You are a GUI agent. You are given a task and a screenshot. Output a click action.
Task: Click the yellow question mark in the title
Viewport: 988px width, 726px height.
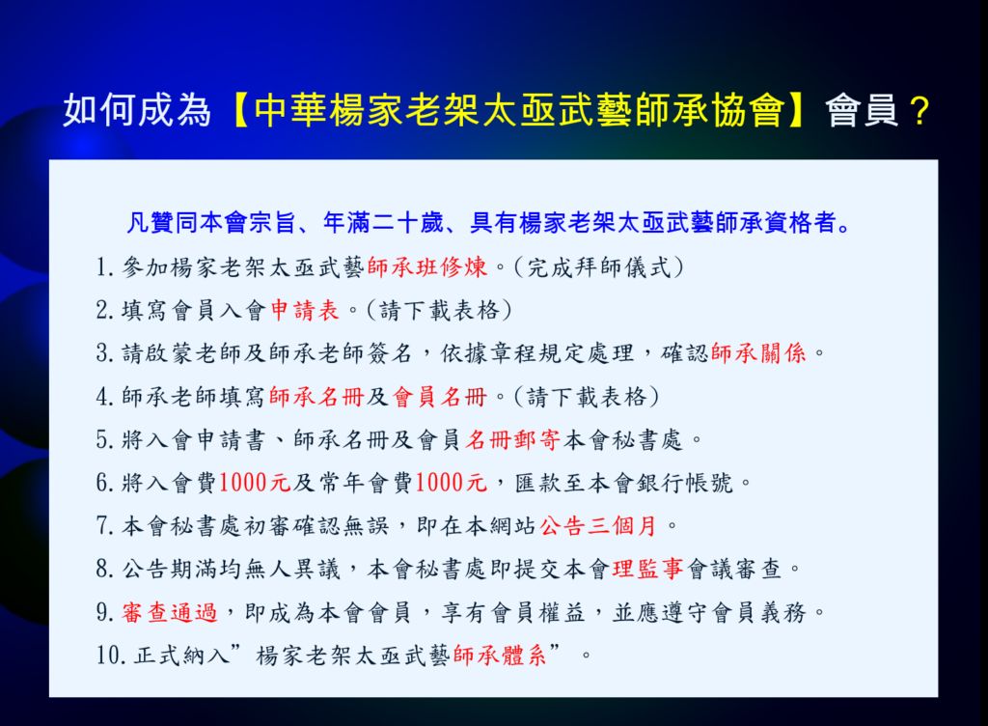(x=919, y=111)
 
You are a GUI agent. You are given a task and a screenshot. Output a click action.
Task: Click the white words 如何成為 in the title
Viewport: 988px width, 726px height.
(x=137, y=110)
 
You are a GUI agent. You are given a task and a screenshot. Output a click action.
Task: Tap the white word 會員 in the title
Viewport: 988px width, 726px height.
(x=862, y=110)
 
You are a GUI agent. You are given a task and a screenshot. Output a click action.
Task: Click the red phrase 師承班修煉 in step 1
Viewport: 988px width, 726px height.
(x=427, y=267)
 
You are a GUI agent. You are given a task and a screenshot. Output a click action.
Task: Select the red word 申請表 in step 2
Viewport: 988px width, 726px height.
(x=305, y=310)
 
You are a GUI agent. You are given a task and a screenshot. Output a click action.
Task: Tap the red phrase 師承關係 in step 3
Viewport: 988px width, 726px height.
(x=758, y=353)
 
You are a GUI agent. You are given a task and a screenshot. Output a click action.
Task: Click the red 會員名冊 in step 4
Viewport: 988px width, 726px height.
(x=440, y=397)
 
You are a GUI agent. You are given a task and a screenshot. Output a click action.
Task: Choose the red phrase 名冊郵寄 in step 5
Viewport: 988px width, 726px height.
(x=513, y=440)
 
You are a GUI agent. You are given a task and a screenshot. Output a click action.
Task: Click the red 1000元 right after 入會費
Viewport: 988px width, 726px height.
(x=255, y=483)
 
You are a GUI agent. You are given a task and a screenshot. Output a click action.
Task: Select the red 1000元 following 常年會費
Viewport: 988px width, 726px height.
(x=452, y=483)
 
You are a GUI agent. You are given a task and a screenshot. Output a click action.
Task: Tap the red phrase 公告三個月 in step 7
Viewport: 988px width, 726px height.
(x=598, y=525)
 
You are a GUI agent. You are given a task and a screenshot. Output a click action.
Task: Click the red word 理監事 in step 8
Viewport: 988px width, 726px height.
(x=647, y=569)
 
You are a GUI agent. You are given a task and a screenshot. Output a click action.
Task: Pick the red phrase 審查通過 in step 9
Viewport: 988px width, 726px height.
(x=170, y=612)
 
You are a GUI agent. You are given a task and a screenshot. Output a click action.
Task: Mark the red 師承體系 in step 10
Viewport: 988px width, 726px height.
(x=500, y=656)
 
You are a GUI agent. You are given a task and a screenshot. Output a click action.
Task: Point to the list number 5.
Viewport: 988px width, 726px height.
(x=104, y=440)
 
